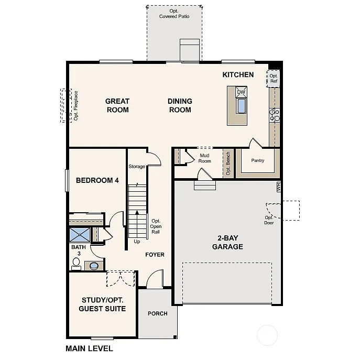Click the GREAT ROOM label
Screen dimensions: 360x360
[x=117, y=105]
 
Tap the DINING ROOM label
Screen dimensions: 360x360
[x=180, y=105]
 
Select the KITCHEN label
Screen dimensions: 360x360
[x=238, y=75]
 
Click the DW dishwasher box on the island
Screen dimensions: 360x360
[x=241, y=93]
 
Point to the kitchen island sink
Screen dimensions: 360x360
[x=241, y=106]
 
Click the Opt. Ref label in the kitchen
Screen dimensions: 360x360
[x=274, y=79]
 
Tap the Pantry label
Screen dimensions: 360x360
[x=257, y=160]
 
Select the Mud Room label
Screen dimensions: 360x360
[x=204, y=158]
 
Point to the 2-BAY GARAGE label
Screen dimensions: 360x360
[x=227, y=243]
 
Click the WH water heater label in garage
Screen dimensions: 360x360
[x=279, y=186]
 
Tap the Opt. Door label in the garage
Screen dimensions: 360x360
[x=269, y=220]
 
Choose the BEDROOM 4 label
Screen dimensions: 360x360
[x=97, y=180]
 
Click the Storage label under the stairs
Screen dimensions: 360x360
[x=137, y=167]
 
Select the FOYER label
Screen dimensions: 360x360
[x=155, y=255]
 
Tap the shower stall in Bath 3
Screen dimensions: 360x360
[x=80, y=234]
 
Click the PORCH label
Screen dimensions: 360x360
[x=157, y=313]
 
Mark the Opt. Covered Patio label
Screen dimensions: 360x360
[x=174, y=14]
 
